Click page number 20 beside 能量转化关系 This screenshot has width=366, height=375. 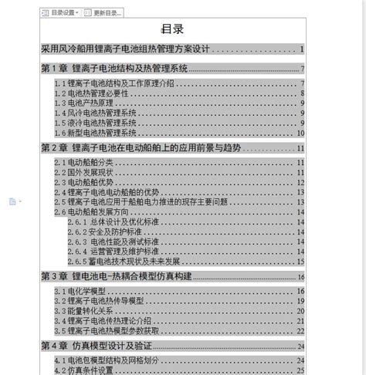[300, 310]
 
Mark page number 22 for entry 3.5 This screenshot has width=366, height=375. [300, 329]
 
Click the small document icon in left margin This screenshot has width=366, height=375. [12, 201]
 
